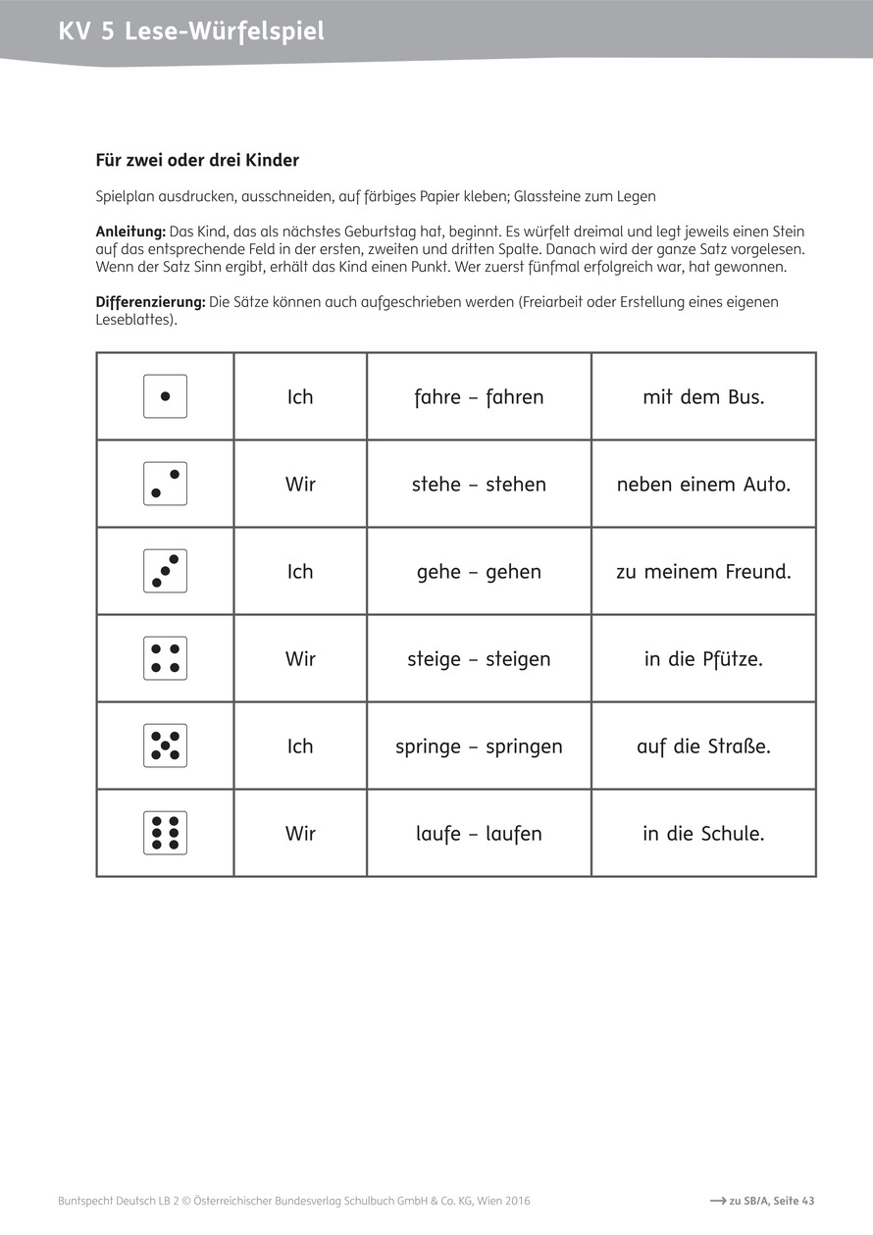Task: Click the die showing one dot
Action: [x=165, y=396]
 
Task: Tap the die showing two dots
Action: [x=165, y=484]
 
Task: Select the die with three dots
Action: [x=165, y=571]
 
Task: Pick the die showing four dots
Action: [x=165, y=658]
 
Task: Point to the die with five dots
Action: [x=165, y=746]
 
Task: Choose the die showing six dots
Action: [x=165, y=833]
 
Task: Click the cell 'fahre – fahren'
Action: [x=479, y=397]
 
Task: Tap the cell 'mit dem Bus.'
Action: [x=703, y=397]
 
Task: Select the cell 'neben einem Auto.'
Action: [x=703, y=485]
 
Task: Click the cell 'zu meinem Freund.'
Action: [x=703, y=572]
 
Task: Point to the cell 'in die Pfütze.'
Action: [x=703, y=659]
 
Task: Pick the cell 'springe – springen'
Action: [x=479, y=746]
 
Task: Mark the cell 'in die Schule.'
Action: [x=703, y=834]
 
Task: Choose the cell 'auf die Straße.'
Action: [x=703, y=746]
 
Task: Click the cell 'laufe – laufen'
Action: [x=479, y=834]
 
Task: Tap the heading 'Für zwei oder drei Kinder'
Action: [x=197, y=160]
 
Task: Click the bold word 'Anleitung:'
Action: [x=130, y=232]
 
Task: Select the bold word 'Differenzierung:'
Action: [x=150, y=302]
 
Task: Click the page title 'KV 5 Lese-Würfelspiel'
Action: [x=191, y=32]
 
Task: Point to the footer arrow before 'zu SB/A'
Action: [x=717, y=1201]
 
